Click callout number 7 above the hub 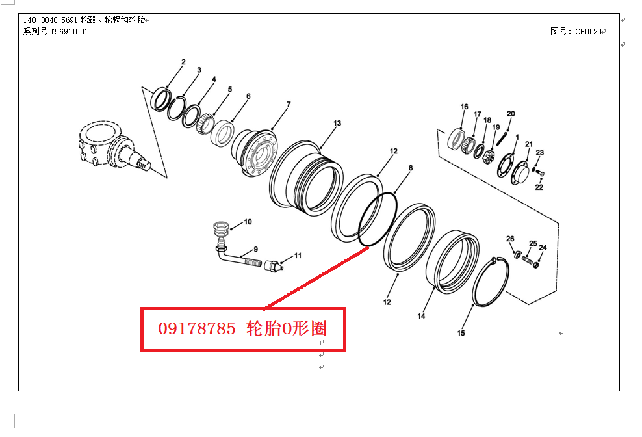pos(289,105)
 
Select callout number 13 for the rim pos(337,124)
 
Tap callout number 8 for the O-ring pos(410,168)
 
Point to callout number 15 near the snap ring pos(461,334)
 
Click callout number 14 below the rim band pos(421,317)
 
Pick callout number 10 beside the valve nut pos(248,222)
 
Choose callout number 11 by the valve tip pos(298,256)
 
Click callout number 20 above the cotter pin pos(511,114)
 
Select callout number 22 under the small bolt pos(539,187)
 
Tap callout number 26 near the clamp pos(510,239)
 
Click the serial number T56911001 pos(69,31)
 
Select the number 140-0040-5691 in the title pos(50,20)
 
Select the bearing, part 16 pos(458,139)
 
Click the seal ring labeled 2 pos(160,99)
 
